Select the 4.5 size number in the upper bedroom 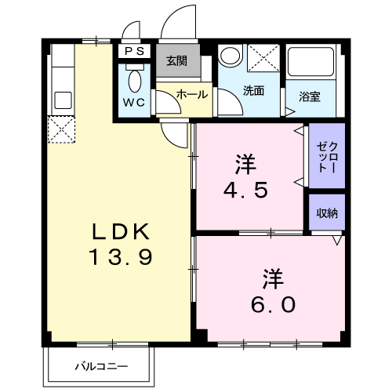click(x=248, y=191)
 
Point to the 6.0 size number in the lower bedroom click(x=273, y=303)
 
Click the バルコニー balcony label click(x=101, y=365)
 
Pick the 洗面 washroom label click(x=252, y=90)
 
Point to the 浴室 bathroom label click(x=309, y=97)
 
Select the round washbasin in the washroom click(x=230, y=56)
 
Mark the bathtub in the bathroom click(x=310, y=67)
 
